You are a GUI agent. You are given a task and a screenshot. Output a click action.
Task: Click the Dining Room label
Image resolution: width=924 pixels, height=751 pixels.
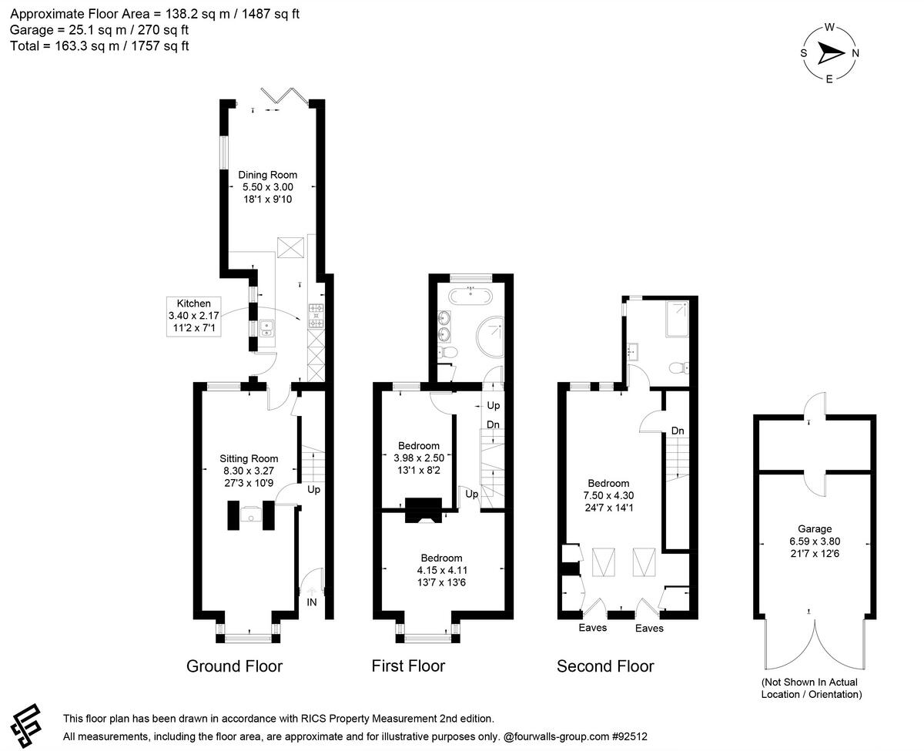point(268,175)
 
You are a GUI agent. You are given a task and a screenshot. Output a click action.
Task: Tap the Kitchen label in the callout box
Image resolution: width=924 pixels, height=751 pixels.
point(193,303)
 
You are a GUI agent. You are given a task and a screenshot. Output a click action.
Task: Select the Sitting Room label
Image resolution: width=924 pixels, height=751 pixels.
point(249,458)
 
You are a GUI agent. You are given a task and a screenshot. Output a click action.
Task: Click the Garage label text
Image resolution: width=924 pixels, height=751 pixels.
point(815,529)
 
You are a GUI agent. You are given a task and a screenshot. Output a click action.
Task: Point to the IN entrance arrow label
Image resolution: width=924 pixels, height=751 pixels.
point(312,602)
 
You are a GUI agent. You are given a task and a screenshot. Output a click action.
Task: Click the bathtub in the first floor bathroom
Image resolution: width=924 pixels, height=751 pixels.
point(470,297)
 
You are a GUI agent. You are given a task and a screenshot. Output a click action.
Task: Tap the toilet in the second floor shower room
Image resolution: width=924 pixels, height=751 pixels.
point(679,368)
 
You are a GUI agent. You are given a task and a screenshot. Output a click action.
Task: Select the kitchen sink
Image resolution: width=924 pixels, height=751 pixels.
point(266,328)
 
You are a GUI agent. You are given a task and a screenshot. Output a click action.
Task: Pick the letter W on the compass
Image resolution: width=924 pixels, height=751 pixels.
point(829,27)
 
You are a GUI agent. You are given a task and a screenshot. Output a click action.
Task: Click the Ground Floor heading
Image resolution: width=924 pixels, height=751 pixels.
point(234,666)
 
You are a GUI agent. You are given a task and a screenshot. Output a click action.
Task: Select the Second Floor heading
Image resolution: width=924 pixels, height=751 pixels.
point(605,666)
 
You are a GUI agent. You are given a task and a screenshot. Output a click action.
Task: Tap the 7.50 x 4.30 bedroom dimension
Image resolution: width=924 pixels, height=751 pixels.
point(608,495)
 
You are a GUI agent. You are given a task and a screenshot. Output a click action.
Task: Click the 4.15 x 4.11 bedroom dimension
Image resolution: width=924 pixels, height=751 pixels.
point(442,570)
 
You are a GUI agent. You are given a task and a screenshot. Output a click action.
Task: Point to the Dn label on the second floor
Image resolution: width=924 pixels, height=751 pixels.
point(677,431)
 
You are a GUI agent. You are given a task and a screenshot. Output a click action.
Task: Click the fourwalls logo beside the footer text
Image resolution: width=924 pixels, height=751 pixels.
point(25,725)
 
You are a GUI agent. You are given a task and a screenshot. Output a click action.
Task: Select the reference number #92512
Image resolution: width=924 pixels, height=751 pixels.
point(629,736)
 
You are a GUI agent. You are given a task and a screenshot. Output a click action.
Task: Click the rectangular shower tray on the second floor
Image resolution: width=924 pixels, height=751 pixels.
point(677,320)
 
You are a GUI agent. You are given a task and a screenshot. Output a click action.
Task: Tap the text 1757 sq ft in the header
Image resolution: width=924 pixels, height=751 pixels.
point(159,46)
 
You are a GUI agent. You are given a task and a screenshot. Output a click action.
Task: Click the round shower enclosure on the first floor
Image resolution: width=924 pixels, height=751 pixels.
point(490,337)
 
